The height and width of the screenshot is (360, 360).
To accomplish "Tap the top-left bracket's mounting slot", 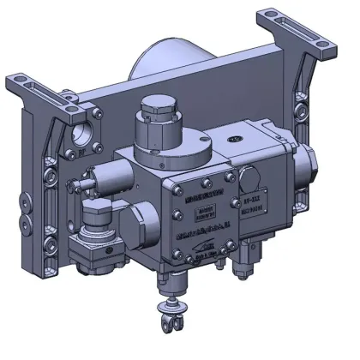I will pyautogui.click(x=40, y=89).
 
